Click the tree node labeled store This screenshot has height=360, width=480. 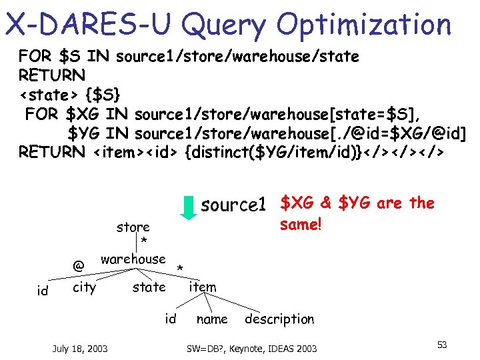[133, 227]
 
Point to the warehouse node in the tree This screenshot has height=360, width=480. [133, 259]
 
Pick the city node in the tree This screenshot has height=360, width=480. [84, 287]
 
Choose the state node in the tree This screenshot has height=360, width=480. [149, 287]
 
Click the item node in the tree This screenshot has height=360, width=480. [202, 287]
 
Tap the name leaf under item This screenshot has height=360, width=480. [212, 319]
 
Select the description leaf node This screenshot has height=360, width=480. [279, 319]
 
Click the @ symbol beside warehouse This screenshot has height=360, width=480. [79, 266]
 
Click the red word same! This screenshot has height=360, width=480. [301, 225]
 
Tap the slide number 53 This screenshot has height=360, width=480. [441, 345]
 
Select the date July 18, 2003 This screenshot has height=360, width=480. [80, 348]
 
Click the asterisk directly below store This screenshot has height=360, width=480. [143, 241]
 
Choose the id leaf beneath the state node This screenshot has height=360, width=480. [171, 319]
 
